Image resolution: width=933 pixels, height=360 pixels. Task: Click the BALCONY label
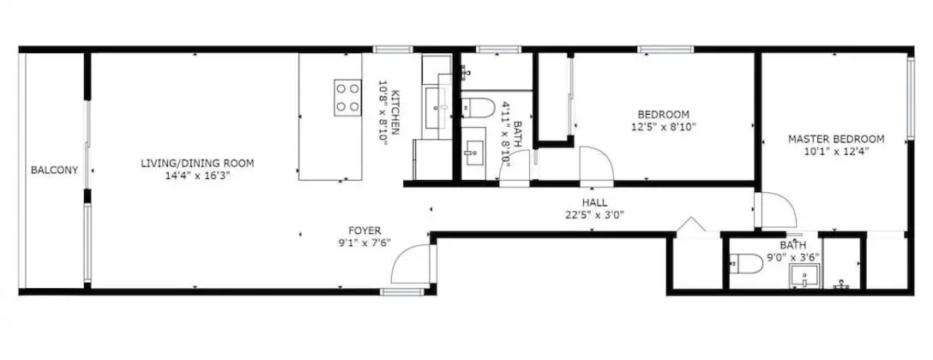pyautogui.click(x=54, y=171)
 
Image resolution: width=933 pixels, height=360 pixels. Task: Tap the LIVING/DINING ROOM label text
pyautogui.click(x=197, y=163)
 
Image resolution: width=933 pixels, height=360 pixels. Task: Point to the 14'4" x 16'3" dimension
pyautogui.click(x=197, y=176)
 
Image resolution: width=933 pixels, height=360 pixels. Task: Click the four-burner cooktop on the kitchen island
pyautogui.click(x=347, y=98)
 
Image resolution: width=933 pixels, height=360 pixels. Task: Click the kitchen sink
pyautogui.click(x=438, y=107)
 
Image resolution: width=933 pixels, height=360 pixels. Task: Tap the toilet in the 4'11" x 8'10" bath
pyautogui.click(x=479, y=108)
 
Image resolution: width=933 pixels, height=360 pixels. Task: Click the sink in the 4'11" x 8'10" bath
pyautogui.click(x=475, y=153)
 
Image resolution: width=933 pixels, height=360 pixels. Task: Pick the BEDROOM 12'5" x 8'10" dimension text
pyautogui.click(x=664, y=127)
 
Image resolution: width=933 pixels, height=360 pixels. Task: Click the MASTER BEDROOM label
pyautogui.click(x=836, y=139)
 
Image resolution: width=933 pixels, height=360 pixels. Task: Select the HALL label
pyautogui.click(x=595, y=203)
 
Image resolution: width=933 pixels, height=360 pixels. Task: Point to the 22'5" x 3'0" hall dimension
pyautogui.click(x=595, y=215)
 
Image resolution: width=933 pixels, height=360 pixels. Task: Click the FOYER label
pyautogui.click(x=364, y=231)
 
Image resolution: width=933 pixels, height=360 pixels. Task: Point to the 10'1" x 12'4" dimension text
pyautogui.click(x=836, y=152)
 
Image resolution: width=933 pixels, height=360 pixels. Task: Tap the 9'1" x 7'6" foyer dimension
pyautogui.click(x=364, y=243)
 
